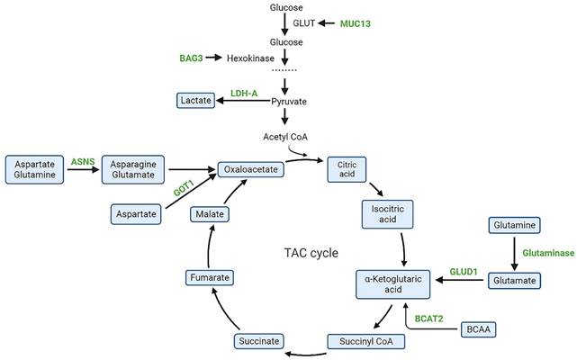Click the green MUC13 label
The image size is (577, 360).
[x=356, y=22]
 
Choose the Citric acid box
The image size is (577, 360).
[x=347, y=170]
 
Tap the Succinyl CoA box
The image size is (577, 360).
[x=360, y=340]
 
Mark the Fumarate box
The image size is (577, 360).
[x=211, y=278]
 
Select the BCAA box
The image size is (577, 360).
[x=476, y=330]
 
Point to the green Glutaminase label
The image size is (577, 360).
[x=547, y=253]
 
